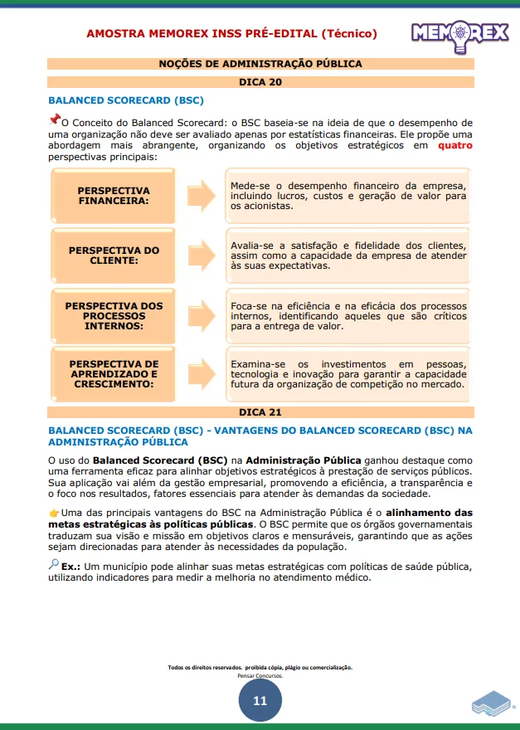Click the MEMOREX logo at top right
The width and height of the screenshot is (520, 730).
(460, 34)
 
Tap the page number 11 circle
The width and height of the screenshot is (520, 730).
(260, 701)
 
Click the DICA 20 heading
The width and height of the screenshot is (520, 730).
(260, 82)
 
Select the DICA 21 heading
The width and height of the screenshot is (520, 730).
(260, 412)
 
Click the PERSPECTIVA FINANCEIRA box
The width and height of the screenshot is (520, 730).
(114, 196)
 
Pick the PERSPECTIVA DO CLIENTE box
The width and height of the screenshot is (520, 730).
(114, 255)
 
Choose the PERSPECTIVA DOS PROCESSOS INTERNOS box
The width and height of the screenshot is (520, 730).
(114, 316)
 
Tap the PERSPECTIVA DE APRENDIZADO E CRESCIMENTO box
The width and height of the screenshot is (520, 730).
(114, 374)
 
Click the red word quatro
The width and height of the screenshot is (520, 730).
(455, 145)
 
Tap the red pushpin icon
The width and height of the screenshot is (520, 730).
(55, 119)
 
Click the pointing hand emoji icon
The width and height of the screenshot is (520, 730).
(54, 513)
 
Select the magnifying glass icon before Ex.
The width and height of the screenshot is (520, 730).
(54, 565)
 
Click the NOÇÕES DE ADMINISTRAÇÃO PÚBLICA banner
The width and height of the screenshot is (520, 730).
(260, 64)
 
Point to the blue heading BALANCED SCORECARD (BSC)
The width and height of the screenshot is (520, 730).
(126, 100)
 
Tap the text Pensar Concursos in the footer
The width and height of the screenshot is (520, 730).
(260, 676)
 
